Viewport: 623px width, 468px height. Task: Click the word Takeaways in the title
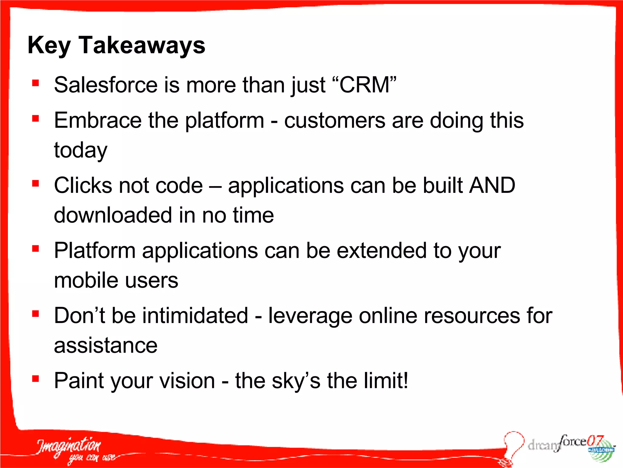[142, 45]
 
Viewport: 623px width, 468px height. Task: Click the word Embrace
[98, 120]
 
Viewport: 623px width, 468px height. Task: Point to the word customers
[335, 121]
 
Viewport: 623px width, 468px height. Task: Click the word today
[81, 150]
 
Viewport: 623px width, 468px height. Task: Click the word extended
[382, 250]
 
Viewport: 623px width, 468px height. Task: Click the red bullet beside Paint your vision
[36, 379]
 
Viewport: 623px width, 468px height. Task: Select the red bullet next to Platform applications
[36, 249]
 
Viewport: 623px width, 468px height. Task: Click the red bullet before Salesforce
[36, 83]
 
